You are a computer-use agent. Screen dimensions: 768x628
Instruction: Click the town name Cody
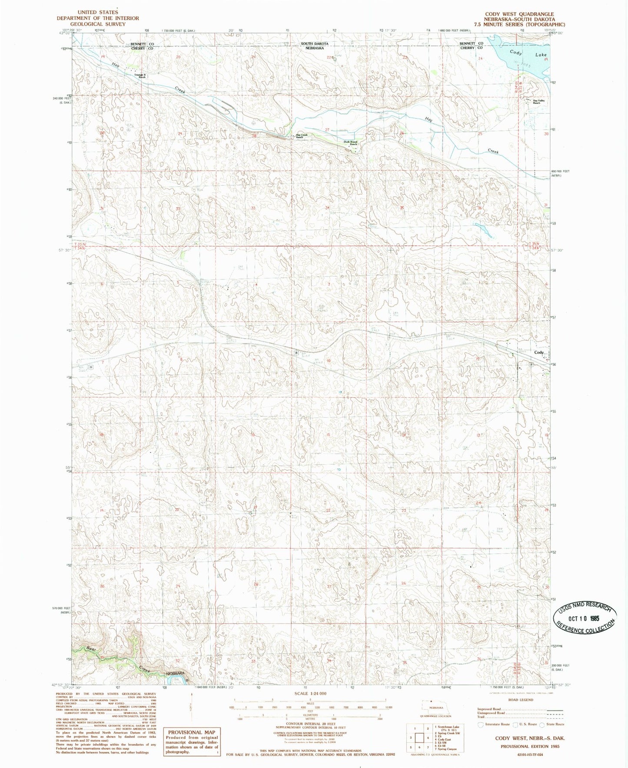tap(539, 352)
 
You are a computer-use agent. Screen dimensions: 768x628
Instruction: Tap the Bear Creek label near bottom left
tap(90, 649)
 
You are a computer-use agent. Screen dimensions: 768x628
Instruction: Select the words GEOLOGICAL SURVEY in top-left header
tap(98, 24)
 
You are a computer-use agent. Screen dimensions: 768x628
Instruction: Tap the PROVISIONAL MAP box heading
tap(192, 732)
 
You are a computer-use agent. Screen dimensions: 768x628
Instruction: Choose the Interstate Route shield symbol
tap(481, 724)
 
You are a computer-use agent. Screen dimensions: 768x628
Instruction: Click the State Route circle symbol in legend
tap(542, 724)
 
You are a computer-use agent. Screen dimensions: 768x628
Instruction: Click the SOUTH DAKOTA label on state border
tap(315, 44)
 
